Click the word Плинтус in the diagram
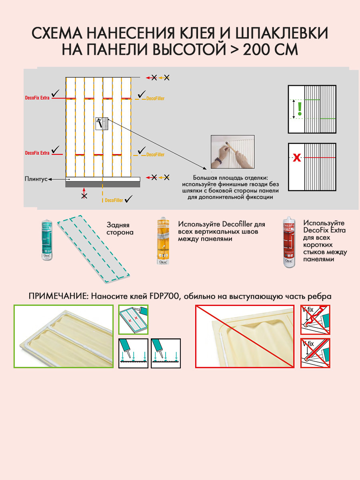point(36,179)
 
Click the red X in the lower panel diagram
point(296,158)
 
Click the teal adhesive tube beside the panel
point(48,240)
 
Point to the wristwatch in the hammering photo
point(218,161)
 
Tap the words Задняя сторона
point(120,228)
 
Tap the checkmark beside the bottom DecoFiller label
point(129,199)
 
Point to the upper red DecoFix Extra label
point(37,97)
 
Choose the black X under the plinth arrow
point(84,196)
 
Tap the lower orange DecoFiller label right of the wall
point(155,154)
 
